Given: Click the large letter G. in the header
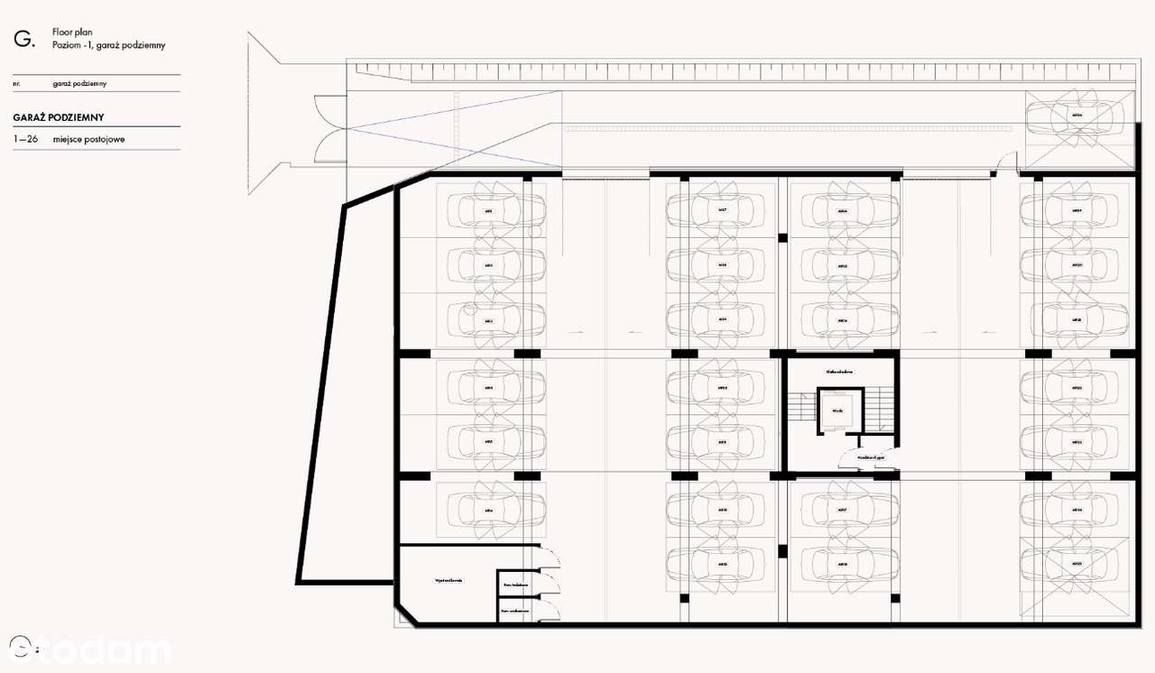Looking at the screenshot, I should pyautogui.click(x=23, y=38).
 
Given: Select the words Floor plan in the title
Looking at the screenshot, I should pyautogui.click(x=73, y=32).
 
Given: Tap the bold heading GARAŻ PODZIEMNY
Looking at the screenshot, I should pyautogui.click(x=59, y=117).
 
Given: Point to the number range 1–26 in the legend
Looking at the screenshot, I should pyautogui.click(x=25, y=139).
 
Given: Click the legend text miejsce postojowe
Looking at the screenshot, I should pyautogui.click(x=88, y=139).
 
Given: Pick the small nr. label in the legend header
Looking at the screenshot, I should pyautogui.click(x=17, y=84).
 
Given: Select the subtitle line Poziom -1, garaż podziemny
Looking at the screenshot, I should pyautogui.click(x=108, y=44).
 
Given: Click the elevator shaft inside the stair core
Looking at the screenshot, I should pyautogui.click(x=839, y=410).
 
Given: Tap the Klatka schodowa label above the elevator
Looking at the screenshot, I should pyautogui.click(x=839, y=372).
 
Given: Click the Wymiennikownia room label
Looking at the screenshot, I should pyautogui.click(x=448, y=580).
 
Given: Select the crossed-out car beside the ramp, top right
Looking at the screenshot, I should pyautogui.click(x=1077, y=116).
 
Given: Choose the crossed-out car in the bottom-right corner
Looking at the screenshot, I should pyautogui.click(x=1076, y=564).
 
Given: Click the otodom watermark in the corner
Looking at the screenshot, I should pyautogui.click(x=90, y=650).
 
